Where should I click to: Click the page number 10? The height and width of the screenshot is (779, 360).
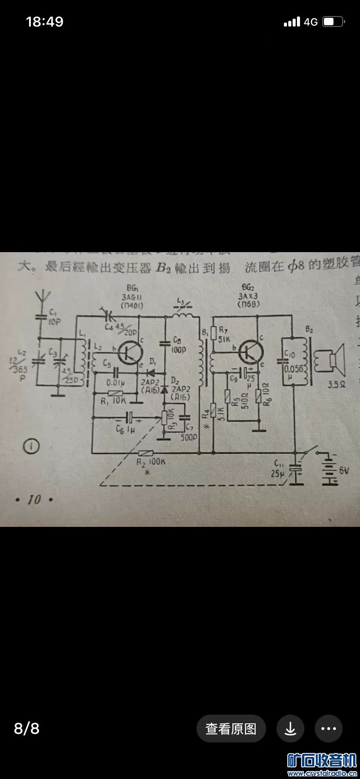point(34,500)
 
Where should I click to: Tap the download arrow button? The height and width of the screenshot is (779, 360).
point(290,728)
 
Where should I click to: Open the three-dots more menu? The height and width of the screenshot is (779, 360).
point(329,728)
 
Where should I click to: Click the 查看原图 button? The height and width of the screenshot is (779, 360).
point(231,728)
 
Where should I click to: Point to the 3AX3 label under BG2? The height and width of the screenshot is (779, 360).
point(248,297)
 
